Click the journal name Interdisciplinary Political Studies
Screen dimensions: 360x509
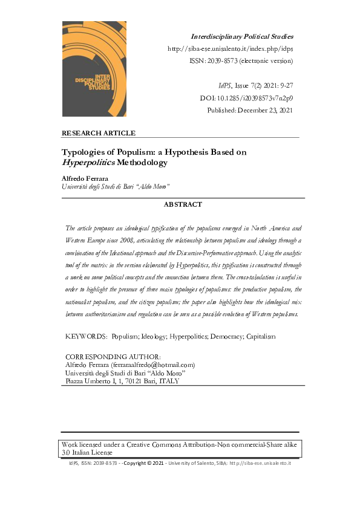(x=242, y=37)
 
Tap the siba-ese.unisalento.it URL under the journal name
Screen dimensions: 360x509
(x=230, y=49)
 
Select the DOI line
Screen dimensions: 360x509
(x=246, y=98)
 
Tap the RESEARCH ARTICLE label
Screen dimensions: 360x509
(x=99, y=133)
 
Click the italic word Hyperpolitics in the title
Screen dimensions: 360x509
(x=90, y=163)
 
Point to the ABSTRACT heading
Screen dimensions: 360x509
(x=183, y=204)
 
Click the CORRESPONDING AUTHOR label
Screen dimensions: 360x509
(x=113, y=357)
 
